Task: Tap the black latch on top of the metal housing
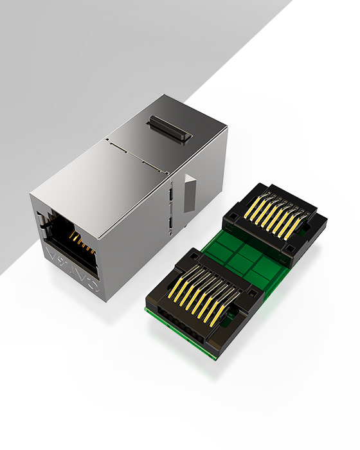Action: coord(170,129)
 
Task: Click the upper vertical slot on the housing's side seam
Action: coord(172,194)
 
